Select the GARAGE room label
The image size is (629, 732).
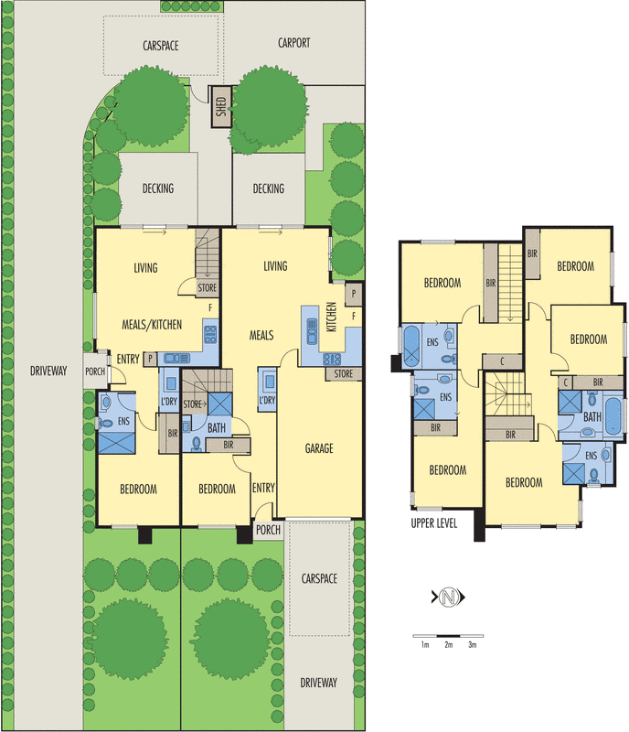pos(318,448)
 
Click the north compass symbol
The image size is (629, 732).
pos(448,598)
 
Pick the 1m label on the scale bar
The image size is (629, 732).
pos(424,645)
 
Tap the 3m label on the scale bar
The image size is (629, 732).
pos(473,645)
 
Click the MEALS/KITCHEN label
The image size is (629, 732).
pos(152,324)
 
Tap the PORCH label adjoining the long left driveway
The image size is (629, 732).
pos(95,371)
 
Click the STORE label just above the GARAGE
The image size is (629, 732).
pos(343,373)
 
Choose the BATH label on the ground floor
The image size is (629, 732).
pos(216,427)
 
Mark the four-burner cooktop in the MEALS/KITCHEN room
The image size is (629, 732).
pos(209,333)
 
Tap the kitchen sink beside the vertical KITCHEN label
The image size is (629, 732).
pos(310,324)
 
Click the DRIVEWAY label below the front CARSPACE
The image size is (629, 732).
pos(318,683)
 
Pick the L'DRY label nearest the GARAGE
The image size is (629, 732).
pos(268,402)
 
